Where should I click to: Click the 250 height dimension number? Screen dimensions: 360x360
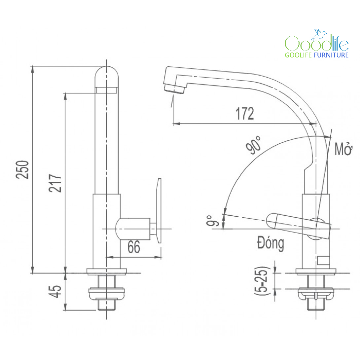22,169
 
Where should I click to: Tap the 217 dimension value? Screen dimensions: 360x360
55,183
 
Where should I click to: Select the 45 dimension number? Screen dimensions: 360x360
55,292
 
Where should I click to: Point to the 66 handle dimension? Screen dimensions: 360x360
134,247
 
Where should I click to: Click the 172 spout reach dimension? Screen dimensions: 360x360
245,113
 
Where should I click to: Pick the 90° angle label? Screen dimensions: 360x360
253,145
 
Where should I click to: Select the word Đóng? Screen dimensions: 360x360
270,243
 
